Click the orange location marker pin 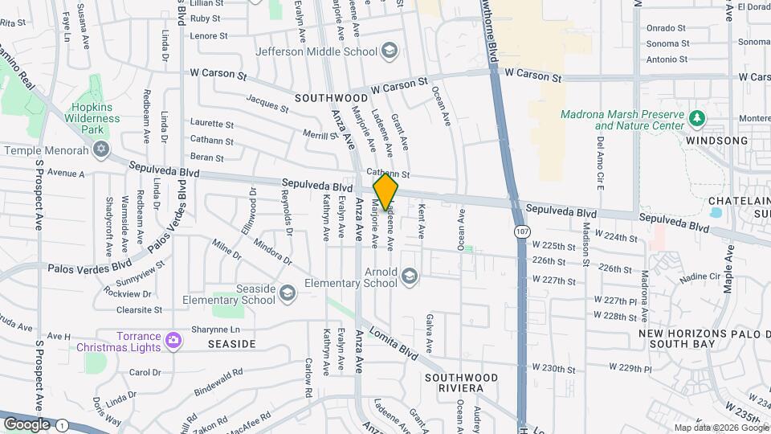click(x=385, y=192)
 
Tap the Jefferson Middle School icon click(x=390, y=51)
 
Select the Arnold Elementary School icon click(x=410, y=277)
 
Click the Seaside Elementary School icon click(x=287, y=294)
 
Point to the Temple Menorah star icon click(x=100, y=150)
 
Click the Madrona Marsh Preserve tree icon click(x=697, y=120)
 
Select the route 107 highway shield click(x=522, y=231)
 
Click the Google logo click(x=27, y=424)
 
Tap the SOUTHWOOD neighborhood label click(x=331, y=98)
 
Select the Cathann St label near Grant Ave click(x=388, y=174)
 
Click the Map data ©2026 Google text click(x=720, y=428)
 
